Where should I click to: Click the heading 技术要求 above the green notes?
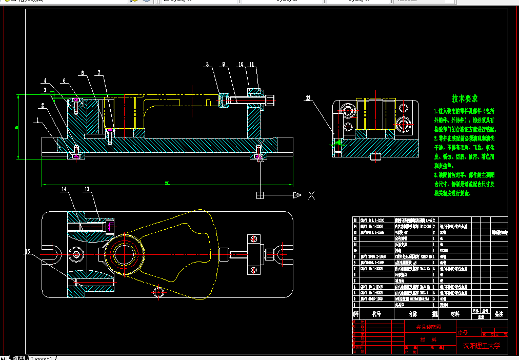(465, 98)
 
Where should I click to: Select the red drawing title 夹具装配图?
(424, 327)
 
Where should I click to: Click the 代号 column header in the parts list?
(376, 313)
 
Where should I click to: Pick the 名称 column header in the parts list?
(412, 313)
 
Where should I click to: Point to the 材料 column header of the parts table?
(454, 313)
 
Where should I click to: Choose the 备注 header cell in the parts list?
(498, 313)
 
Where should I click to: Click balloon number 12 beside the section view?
(308, 97)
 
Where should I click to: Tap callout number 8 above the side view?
(208, 65)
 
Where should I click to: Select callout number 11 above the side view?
(252, 65)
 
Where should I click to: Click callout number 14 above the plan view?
(64, 189)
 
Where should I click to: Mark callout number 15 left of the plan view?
(28, 251)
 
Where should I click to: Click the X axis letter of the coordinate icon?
(311, 195)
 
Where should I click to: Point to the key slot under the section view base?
(375, 157)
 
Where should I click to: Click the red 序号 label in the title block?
(463, 333)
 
